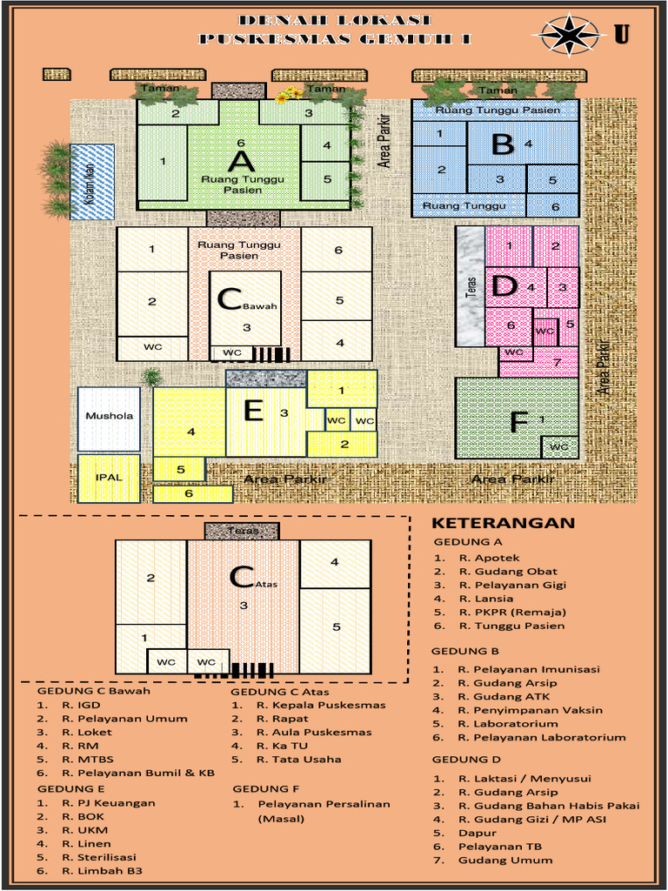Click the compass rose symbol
(x=571, y=35)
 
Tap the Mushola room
(x=109, y=416)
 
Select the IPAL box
(x=109, y=478)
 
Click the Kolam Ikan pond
(x=92, y=181)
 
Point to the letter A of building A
(x=241, y=161)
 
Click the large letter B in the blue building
(x=502, y=144)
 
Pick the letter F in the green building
(x=518, y=423)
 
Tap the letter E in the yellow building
(x=253, y=410)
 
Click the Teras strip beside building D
(x=471, y=286)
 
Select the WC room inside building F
(x=559, y=447)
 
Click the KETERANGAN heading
(x=504, y=523)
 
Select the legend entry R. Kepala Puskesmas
(x=320, y=705)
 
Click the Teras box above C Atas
(x=243, y=531)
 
